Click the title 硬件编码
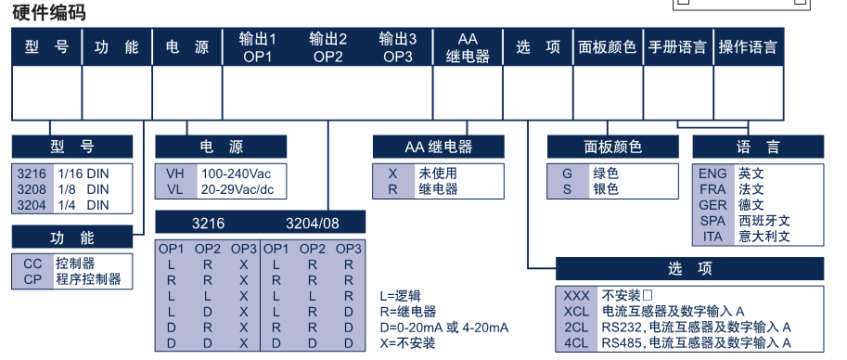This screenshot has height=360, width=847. tap(48, 11)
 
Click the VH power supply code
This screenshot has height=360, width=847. tap(175, 174)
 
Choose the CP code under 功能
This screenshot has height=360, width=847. tap(33, 279)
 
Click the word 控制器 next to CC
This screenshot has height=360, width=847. tap(75, 264)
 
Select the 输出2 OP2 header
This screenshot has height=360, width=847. tap(327, 47)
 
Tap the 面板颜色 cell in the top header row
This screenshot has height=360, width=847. tap(607, 47)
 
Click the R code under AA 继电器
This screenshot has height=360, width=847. tap(392, 189)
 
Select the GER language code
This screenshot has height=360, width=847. tap(712, 205)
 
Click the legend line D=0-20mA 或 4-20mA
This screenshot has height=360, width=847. tap(444, 327)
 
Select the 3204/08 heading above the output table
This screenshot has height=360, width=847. tap(313, 224)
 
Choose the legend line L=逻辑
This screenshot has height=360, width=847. tap(400, 296)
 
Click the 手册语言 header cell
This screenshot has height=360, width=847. tap(677, 47)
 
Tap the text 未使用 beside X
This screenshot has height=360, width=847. tap(438, 174)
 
